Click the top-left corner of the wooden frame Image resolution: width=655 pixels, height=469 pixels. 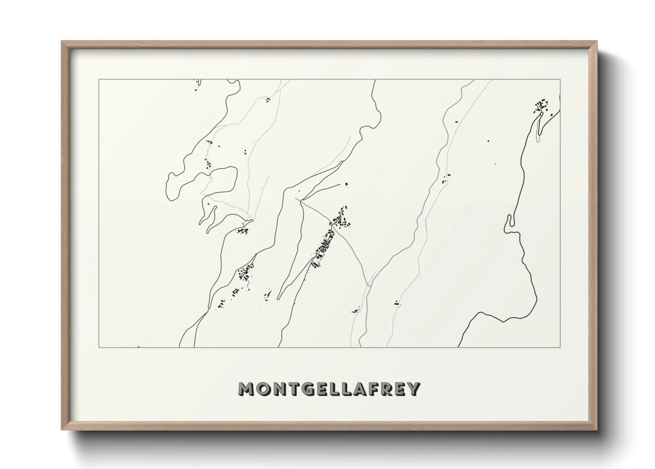click(x=62, y=42)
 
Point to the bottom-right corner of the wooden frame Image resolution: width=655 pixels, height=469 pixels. click(x=597, y=430)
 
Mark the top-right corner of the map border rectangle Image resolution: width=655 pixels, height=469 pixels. click(x=560, y=80)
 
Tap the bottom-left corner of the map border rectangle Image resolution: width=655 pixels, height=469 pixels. click(x=99, y=347)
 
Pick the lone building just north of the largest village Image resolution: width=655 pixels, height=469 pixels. click(x=347, y=184)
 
